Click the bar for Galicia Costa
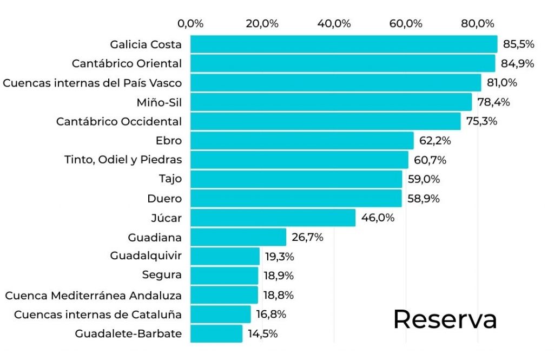[343, 44]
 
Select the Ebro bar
[301, 141]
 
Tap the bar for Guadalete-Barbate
[216, 333]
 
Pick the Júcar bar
[273, 218]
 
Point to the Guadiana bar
[238, 237]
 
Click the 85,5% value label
[518, 44]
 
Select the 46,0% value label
[378, 218]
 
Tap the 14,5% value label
[263, 333]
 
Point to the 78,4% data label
[493, 102]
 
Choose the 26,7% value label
[307, 237]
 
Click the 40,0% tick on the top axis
[334, 24]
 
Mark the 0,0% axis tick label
[190, 24]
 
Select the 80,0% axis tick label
[478, 24]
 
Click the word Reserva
[445, 319]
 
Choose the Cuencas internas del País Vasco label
[92, 83]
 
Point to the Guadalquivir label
[146, 256]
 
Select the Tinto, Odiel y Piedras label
[123, 160]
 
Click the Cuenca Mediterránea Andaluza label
[93, 295]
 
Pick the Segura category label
[162, 276]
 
